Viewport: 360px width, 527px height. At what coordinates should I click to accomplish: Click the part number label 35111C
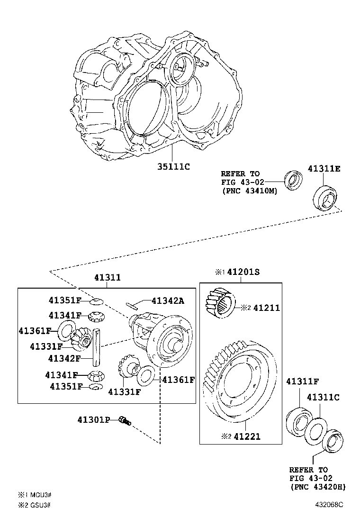tap(173, 166)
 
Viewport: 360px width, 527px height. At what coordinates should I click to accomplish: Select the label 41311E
tap(324, 169)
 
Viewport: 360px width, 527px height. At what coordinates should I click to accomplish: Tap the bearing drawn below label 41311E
tap(325, 197)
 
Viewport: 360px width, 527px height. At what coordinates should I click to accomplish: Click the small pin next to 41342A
tap(132, 304)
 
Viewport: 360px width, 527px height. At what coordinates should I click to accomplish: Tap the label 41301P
tap(94, 419)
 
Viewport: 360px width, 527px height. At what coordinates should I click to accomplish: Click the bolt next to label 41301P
tap(125, 420)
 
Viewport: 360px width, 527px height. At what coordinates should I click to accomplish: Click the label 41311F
tap(301, 381)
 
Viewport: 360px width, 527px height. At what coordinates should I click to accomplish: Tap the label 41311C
tap(323, 397)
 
